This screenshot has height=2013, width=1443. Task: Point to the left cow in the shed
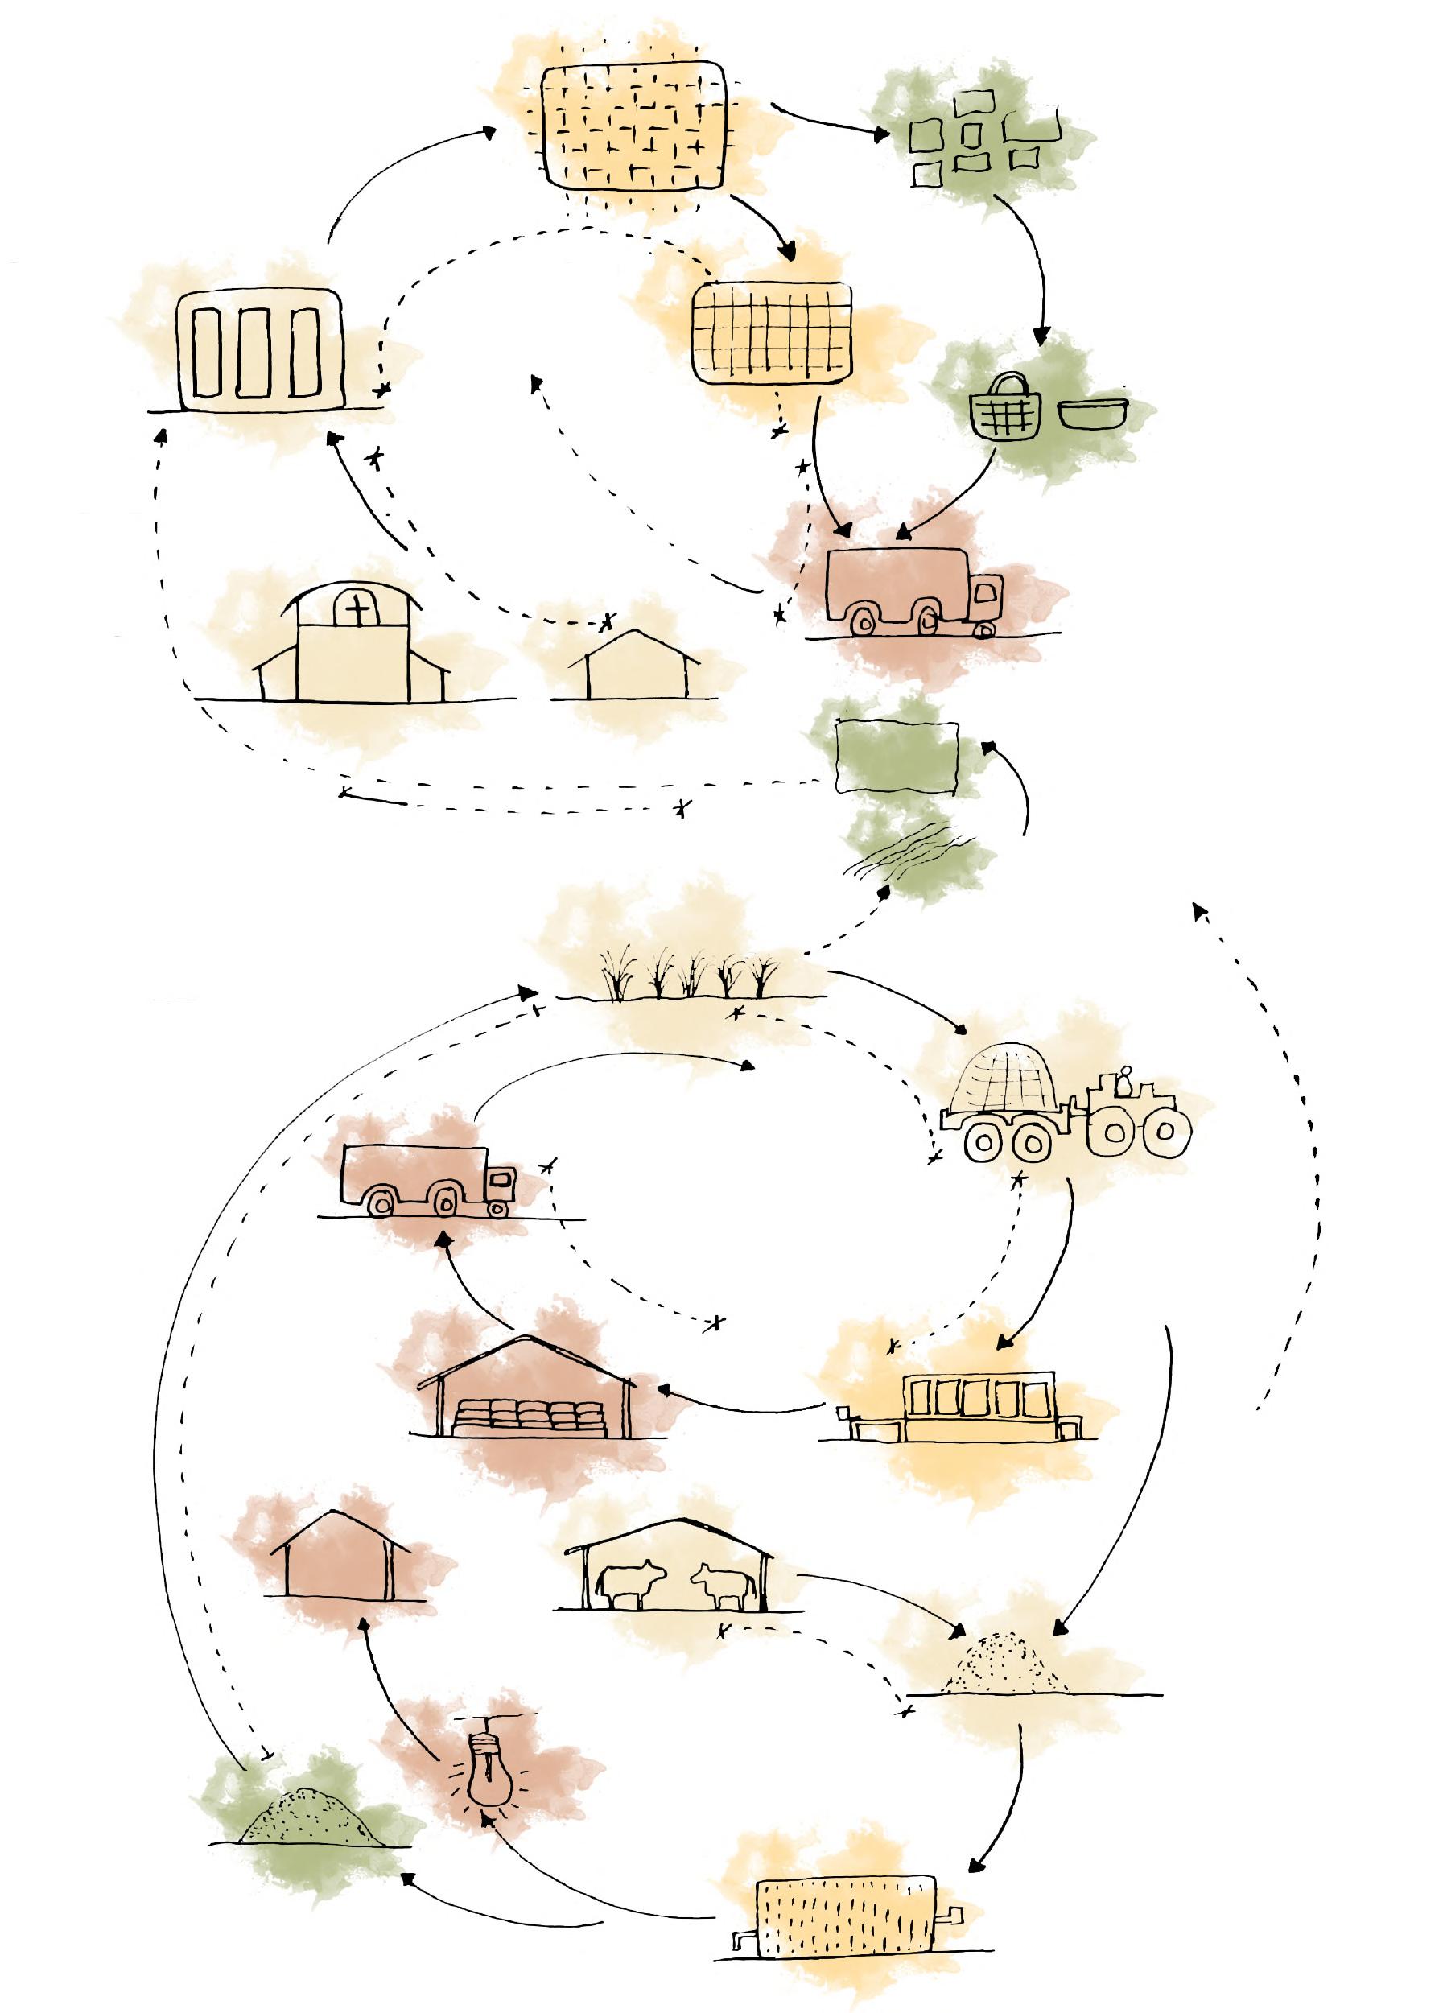[631, 1582]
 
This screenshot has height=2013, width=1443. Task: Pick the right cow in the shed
[720, 1582]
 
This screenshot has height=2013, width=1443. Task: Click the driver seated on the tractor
[1124, 1081]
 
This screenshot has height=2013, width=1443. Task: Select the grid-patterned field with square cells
[771, 333]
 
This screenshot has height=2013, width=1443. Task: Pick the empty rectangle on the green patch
[897, 757]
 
